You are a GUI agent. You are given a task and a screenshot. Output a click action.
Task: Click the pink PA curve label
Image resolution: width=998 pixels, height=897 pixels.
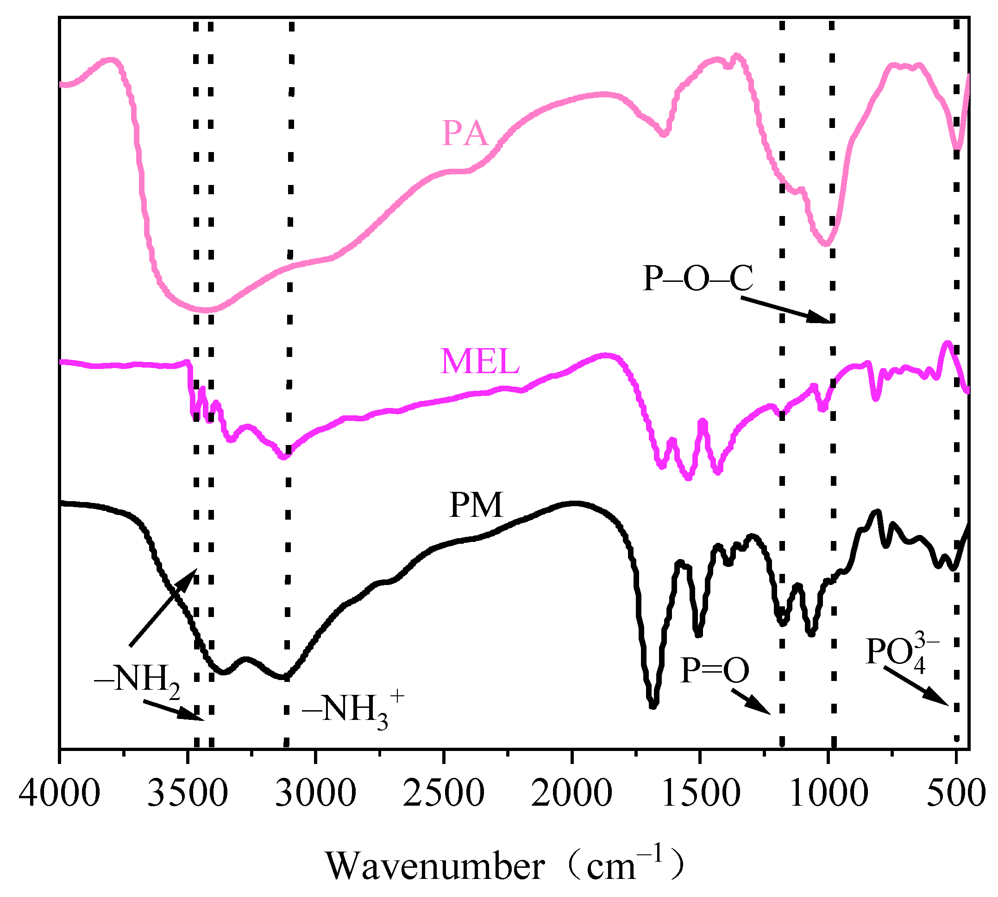click(465, 134)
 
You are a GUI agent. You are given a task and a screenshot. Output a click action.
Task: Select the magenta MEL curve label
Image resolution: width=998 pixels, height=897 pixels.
click(480, 361)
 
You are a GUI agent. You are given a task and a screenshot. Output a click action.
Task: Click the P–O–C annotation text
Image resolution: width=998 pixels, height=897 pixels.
click(697, 279)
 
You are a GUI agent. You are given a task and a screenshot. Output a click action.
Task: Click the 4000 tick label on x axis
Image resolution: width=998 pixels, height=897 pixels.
click(59, 794)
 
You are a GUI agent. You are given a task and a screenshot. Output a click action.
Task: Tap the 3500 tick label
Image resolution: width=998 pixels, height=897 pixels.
click(188, 794)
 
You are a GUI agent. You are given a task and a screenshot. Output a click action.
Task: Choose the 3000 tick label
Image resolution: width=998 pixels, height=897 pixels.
click(315, 794)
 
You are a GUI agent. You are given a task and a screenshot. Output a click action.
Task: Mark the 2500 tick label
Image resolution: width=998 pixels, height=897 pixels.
click(444, 794)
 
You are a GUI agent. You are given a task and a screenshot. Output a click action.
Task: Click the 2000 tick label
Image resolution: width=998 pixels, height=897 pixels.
click(571, 794)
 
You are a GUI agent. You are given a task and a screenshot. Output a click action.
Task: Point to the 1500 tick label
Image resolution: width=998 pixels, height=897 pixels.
click(700, 794)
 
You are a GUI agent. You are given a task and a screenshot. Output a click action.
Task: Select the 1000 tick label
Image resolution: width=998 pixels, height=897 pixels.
click(829, 794)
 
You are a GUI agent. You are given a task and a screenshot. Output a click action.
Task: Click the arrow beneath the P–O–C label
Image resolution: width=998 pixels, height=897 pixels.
click(785, 310)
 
